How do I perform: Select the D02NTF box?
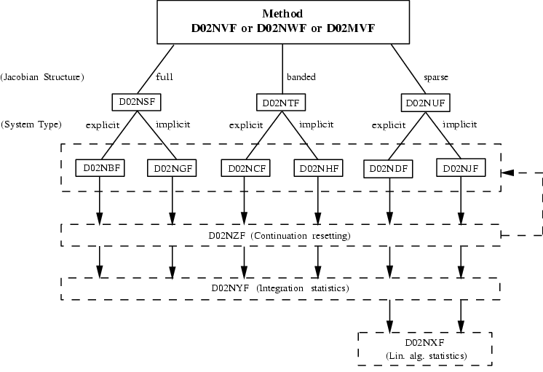click(280, 101)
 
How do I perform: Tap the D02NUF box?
click(424, 101)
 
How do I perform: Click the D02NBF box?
click(98, 169)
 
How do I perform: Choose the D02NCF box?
click(244, 169)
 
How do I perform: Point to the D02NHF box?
click(317, 169)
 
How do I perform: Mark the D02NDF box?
click(388, 169)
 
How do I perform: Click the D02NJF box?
click(461, 169)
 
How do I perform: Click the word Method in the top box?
click(280, 14)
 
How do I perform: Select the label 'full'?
click(165, 76)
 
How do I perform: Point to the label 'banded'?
click(301, 76)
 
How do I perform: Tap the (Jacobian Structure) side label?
click(42, 76)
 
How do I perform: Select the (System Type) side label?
click(32, 124)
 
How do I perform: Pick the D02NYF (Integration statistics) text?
click(280, 288)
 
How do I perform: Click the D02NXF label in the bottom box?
click(425, 342)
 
